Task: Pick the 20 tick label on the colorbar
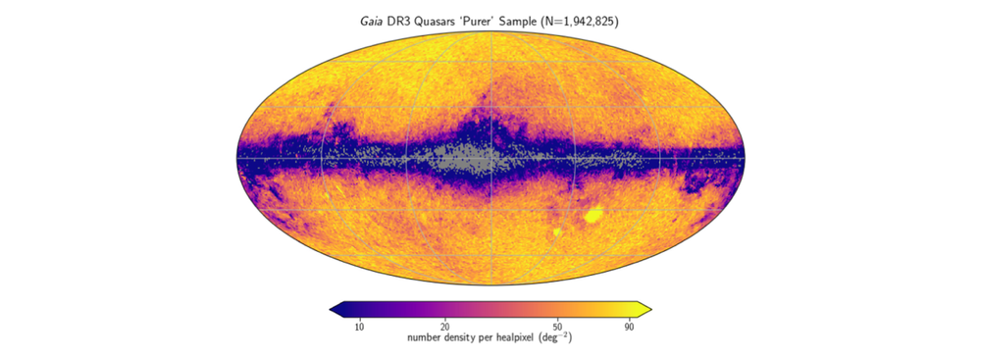coord(444,327)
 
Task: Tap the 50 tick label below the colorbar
coord(558,327)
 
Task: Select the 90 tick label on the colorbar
coord(630,327)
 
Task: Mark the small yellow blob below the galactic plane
coord(557,233)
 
